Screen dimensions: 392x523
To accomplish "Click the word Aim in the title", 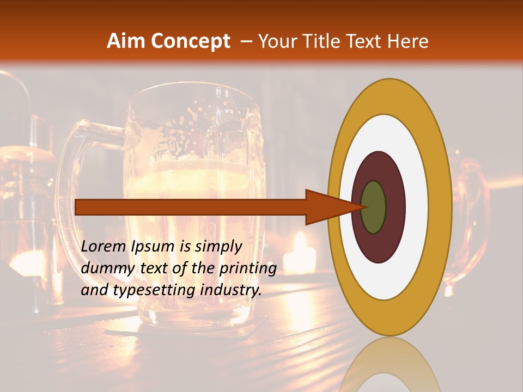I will click(x=127, y=41).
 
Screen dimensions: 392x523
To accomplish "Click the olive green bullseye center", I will click(x=373, y=207).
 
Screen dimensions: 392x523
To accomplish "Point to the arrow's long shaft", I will click(x=191, y=207).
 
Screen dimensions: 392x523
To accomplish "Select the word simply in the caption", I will click(x=218, y=247).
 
